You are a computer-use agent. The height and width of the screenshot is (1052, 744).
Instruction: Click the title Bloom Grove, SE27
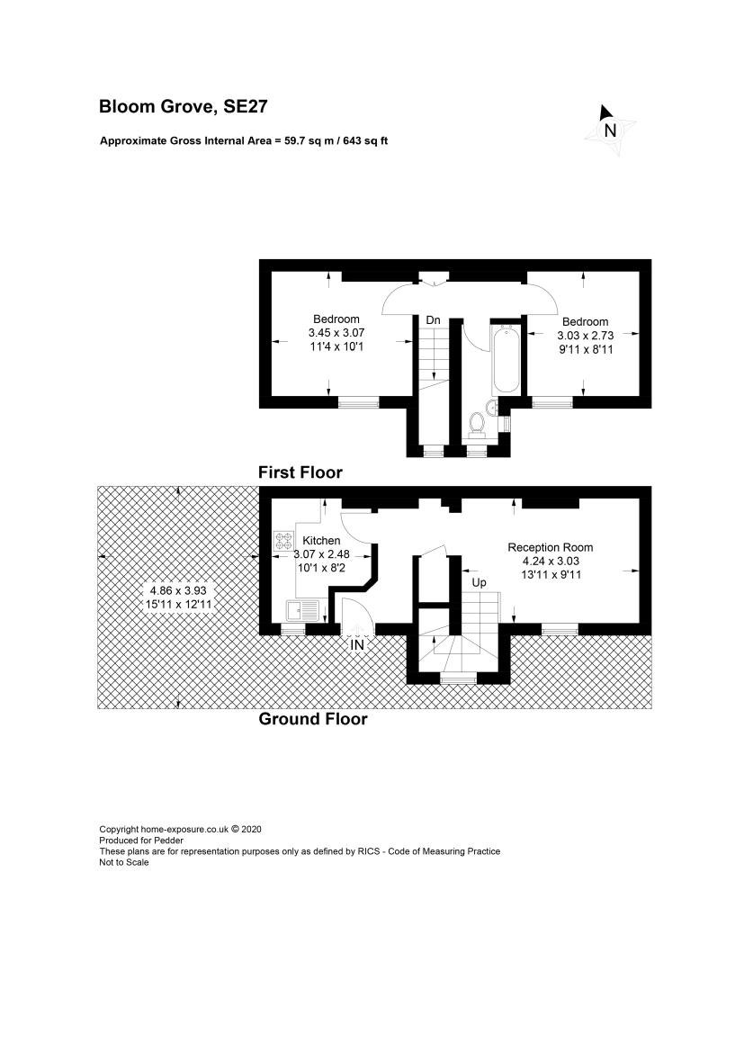pos(184,107)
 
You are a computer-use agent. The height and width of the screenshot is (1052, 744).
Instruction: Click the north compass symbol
pos(609,130)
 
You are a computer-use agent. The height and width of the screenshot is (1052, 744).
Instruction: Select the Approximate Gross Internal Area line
pos(244,141)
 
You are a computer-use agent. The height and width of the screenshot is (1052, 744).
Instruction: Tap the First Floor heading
pos(300,472)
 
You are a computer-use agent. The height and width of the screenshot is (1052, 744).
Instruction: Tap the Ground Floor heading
pos(313,719)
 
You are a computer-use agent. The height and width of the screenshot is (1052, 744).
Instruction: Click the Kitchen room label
pos(321,541)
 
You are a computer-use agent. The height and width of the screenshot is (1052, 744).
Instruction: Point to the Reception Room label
pos(550,547)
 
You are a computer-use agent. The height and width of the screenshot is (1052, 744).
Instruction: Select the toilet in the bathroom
pos(477,423)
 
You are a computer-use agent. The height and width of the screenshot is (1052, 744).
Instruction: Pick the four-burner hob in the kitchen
pos(283,542)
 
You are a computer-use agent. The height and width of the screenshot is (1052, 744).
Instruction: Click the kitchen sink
pos(302,611)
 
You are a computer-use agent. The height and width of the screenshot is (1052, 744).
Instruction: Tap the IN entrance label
pos(357,644)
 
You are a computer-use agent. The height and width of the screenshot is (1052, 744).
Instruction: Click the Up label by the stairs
pos(479,582)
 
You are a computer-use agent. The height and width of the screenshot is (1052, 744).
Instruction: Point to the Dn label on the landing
pos(433,320)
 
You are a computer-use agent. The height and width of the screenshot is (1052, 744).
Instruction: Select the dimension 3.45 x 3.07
pos(336,333)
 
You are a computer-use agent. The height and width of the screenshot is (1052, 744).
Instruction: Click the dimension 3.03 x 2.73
pos(585,336)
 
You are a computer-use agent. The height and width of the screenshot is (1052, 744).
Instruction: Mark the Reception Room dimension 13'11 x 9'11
pos(551,574)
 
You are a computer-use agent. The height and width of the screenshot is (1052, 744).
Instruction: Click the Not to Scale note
pos(124,862)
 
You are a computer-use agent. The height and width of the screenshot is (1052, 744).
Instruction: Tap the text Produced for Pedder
pos(141,840)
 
